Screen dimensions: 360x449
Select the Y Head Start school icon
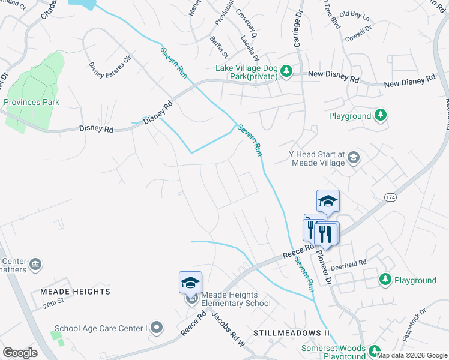pyautogui.click(x=354, y=158)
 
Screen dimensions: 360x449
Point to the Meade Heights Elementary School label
pyautogui.click(x=237, y=299)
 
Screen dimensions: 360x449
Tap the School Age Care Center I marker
pyautogui.click(x=157, y=328)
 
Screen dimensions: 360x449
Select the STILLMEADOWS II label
pyautogui.click(x=292, y=332)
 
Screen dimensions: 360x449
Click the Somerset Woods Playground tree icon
pyautogui.click(x=375, y=352)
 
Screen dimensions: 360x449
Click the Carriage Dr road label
pyautogui.click(x=296, y=30)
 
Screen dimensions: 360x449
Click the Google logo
pyautogui.click(x=20, y=352)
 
